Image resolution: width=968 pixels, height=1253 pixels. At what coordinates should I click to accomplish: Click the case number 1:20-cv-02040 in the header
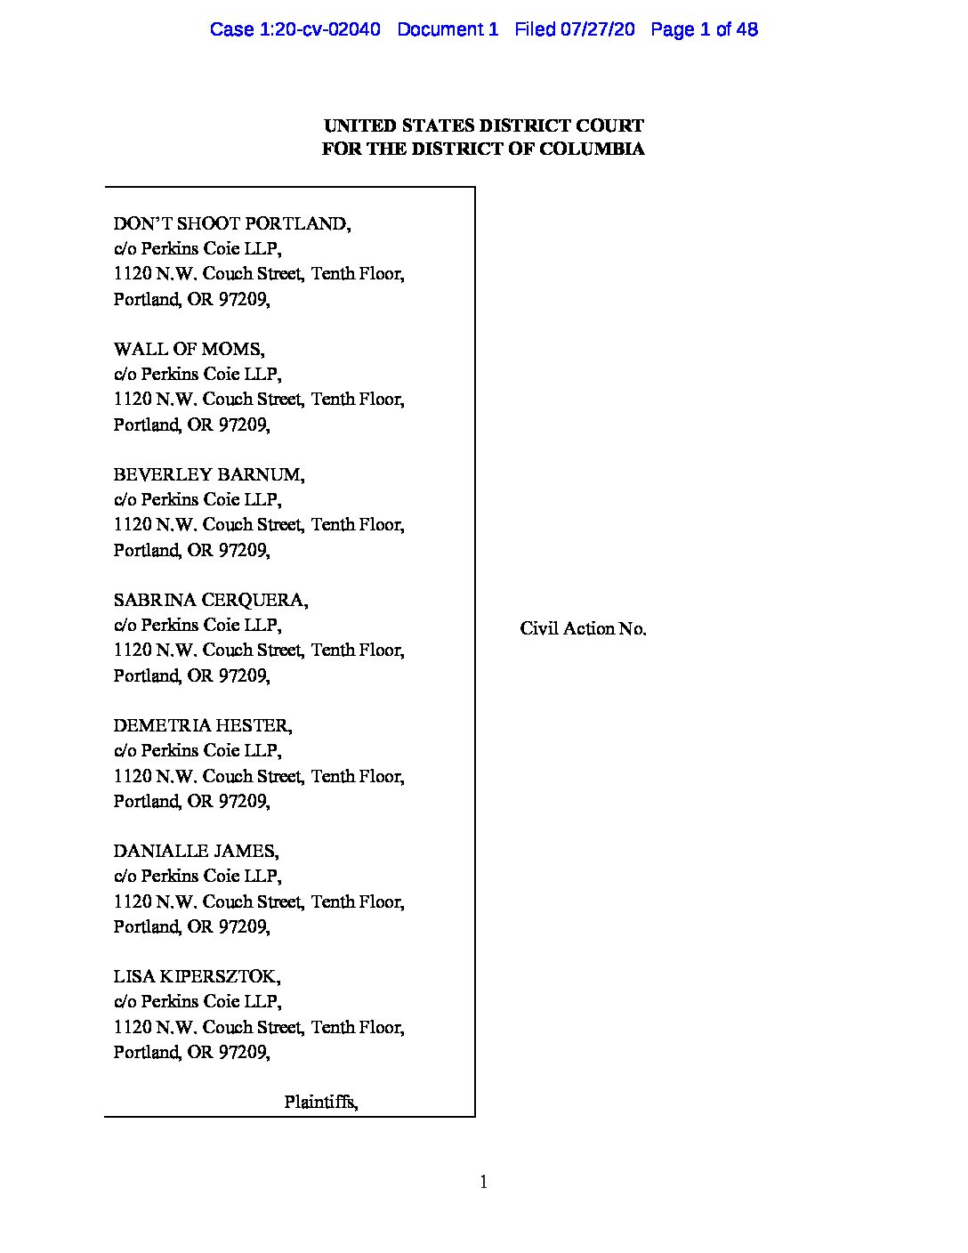pyautogui.click(x=294, y=29)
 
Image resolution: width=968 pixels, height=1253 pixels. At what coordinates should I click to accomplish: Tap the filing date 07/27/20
pyautogui.click(x=597, y=29)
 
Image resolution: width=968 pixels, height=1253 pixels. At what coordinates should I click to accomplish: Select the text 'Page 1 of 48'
pyautogui.click(x=704, y=29)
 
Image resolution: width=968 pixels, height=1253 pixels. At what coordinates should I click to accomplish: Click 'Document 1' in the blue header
pyautogui.click(x=448, y=29)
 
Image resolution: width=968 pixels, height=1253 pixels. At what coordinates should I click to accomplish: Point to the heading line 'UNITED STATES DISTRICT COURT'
pyautogui.click(x=483, y=125)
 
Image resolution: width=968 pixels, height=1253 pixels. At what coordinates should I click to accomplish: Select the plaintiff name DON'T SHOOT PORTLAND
pyautogui.click(x=231, y=223)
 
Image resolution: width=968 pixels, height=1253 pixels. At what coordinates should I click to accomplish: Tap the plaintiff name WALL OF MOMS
pyautogui.click(x=189, y=349)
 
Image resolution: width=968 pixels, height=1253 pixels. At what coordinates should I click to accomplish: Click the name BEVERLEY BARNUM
pyautogui.click(x=208, y=474)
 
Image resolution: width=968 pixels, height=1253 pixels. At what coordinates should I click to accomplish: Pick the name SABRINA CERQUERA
pyautogui.click(x=211, y=600)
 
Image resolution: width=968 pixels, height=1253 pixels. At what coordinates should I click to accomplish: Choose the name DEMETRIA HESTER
pyautogui.click(x=202, y=725)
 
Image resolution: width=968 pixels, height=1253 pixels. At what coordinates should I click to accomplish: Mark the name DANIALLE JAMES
pyautogui.click(x=196, y=851)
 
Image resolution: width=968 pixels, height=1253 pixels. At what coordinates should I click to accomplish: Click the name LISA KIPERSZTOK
pyautogui.click(x=197, y=976)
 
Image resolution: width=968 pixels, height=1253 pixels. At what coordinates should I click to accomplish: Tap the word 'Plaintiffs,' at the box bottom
pyautogui.click(x=321, y=1102)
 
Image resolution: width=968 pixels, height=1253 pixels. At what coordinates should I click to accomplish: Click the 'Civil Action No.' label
pyautogui.click(x=583, y=628)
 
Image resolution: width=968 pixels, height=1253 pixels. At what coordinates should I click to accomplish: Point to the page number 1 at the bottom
pyautogui.click(x=483, y=1182)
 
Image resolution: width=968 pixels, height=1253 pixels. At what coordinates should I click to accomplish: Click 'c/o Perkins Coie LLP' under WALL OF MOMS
pyautogui.click(x=197, y=374)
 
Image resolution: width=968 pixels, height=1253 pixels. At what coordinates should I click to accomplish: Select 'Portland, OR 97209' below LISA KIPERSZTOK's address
pyautogui.click(x=191, y=1052)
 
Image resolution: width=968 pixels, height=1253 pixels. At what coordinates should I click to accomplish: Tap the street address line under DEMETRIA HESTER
pyautogui.click(x=259, y=776)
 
